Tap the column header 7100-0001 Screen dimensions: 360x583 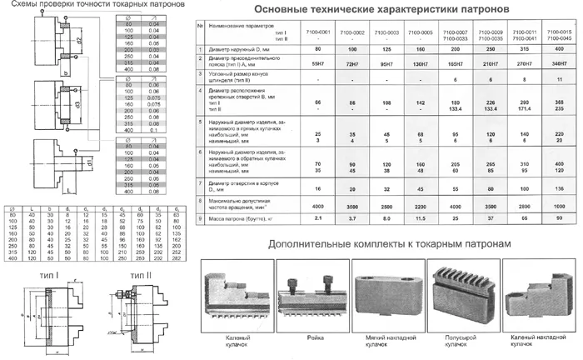point(318,32)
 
